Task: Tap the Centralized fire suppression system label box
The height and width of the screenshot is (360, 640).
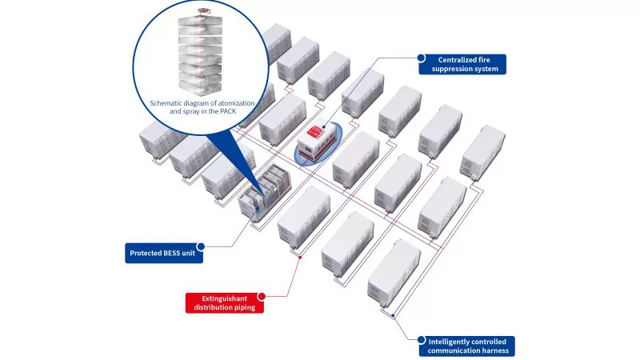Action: [x=462, y=64]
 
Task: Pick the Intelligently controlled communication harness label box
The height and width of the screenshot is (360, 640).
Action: [x=466, y=346]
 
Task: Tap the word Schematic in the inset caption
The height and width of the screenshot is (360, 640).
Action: [x=168, y=103]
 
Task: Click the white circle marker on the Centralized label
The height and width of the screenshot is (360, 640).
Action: [x=421, y=57]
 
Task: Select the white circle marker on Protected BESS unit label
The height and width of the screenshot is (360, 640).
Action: [x=200, y=247]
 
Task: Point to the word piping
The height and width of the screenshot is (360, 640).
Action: [x=251, y=308]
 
